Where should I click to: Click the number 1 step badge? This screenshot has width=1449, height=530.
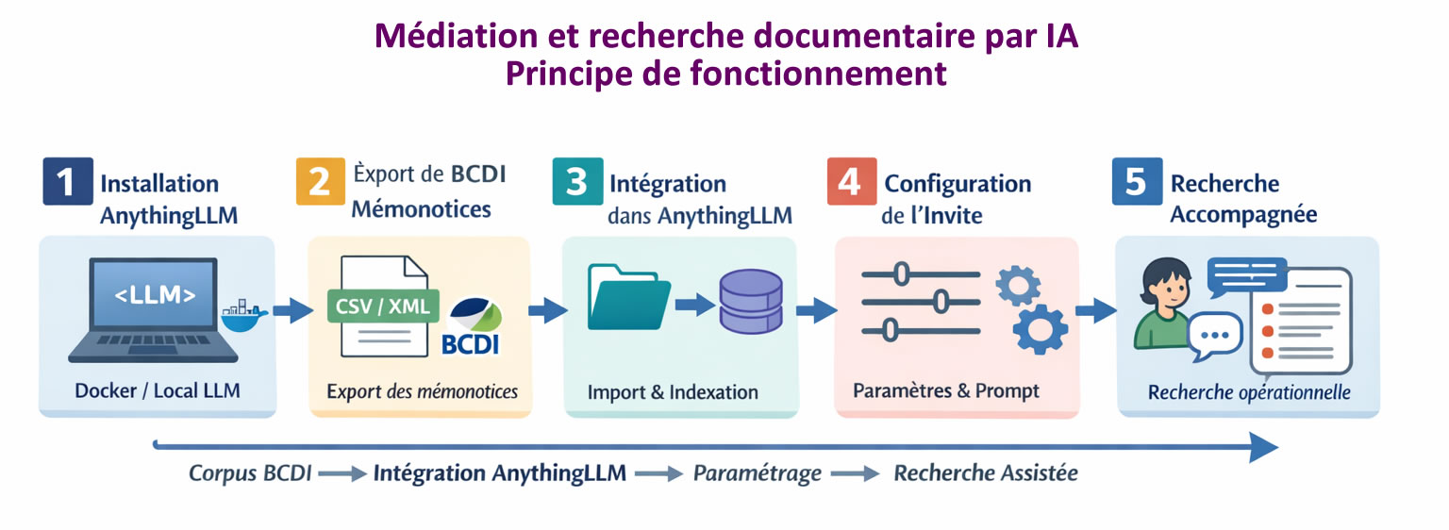[x=67, y=181]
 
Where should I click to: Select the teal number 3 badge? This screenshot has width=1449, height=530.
[x=577, y=181]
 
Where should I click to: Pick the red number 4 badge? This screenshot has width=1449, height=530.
[x=850, y=181]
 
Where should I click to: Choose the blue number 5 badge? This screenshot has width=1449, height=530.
[x=1136, y=181]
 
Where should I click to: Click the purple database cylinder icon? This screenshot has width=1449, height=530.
[x=750, y=301]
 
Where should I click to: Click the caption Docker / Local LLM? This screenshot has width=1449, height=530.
[x=157, y=389]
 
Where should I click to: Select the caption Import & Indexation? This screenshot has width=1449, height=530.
[x=672, y=391]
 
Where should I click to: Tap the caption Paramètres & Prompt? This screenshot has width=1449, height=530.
[x=946, y=389]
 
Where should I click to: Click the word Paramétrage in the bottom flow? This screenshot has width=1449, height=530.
[x=757, y=472]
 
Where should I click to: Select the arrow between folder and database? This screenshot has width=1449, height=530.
[x=692, y=303]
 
